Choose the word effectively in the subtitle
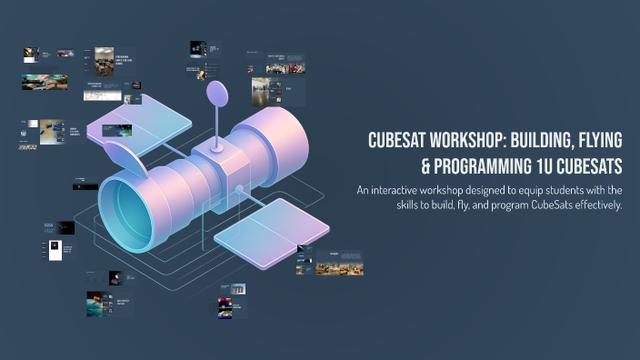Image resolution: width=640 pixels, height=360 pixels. tap(590, 205)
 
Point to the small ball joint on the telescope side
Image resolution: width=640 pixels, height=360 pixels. tap(240, 191)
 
